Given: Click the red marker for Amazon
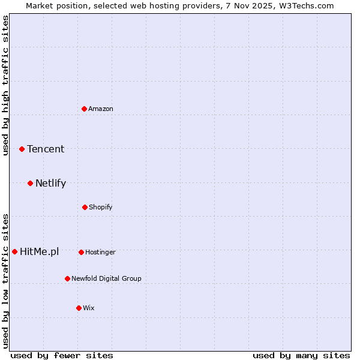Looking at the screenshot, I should pos(84,109).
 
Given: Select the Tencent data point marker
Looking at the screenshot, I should pos(22,149).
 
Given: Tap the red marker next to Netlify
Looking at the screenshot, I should pos(30,183).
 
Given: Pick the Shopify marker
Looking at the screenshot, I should pos(85,207).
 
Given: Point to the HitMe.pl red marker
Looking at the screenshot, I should pos(14,251).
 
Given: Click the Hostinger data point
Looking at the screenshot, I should pos(81,252).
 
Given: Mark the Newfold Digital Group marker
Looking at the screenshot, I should pos(67,278).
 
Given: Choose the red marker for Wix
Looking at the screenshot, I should pos(79,308).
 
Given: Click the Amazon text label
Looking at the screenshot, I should pos(101,109).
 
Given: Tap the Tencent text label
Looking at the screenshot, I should pos(46,149).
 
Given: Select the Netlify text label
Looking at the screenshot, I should pos(50,183).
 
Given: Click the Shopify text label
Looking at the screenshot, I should pos(101,207).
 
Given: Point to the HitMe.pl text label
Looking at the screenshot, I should pos(40,251).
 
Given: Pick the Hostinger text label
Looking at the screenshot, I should pos(100,252).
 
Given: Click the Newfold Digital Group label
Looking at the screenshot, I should pos(106,278).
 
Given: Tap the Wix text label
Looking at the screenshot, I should pos(89,308).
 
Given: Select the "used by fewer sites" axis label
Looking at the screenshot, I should pos(62,355).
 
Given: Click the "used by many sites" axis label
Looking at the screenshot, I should pos(301,355).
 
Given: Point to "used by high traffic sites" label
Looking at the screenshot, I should pos(5,85).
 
